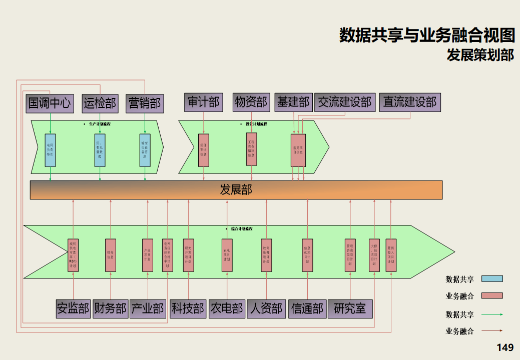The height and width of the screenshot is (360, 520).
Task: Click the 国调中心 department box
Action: point(50,103)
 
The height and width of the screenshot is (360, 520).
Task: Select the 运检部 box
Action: point(100,103)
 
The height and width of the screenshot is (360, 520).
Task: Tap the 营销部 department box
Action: point(145,103)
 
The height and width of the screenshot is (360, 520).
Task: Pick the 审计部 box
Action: point(204,102)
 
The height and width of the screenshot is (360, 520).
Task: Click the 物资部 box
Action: point(251,102)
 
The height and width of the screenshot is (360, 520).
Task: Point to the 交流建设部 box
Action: point(345,102)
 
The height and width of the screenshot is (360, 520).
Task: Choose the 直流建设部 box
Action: point(410,102)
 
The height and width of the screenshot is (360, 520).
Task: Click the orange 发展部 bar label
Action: point(236,190)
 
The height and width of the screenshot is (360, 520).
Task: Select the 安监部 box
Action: point(73,308)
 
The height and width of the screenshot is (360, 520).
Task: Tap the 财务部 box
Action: point(111,308)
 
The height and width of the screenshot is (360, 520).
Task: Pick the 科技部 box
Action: point(188,308)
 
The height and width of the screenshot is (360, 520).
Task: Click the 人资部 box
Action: point(266,308)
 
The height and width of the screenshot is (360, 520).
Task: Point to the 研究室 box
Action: point(350,308)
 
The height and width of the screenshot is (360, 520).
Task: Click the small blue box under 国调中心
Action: point(50,150)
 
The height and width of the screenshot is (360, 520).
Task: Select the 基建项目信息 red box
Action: point(298,149)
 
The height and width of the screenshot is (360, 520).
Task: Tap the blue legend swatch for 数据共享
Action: point(491,279)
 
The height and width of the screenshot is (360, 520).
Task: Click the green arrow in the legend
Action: point(491,314)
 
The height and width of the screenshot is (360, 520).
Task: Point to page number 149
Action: point(504,347)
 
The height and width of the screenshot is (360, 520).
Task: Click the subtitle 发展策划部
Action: point(480,55)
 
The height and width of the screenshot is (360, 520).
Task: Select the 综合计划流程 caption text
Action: point(242,228)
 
